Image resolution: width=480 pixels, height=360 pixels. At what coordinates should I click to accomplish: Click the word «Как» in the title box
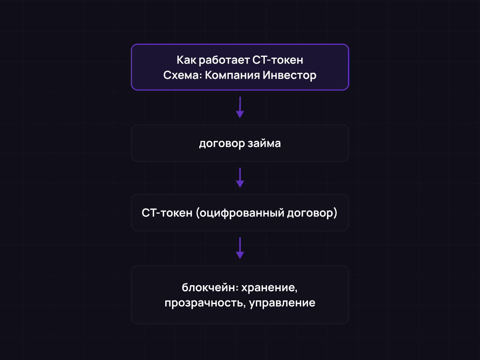tap(185, 60)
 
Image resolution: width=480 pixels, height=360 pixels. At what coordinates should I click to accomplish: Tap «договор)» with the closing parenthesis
tap(312, 213)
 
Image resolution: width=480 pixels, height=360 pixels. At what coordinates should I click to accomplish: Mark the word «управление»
tap(282, 303)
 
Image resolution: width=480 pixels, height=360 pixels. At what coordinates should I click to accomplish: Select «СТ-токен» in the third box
tap(167, 213)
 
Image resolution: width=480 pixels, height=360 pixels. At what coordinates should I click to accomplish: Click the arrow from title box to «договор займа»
tap(240, 107)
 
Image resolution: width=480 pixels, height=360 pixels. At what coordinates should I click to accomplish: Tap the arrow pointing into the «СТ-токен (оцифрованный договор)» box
tap(240, 178)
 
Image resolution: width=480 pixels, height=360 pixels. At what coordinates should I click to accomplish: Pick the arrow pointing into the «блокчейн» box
tap(240, 248)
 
